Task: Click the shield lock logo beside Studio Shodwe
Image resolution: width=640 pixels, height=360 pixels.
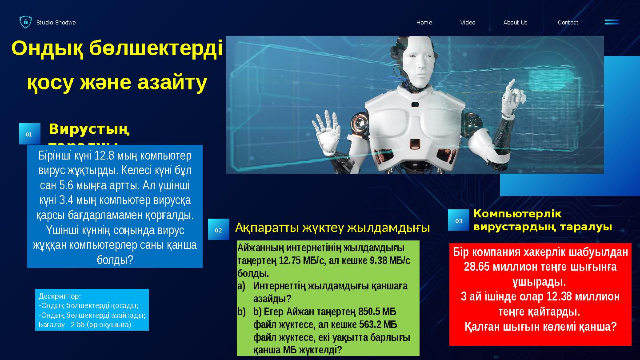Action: click(25, 22)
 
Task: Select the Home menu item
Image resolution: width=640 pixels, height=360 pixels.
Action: click(424, 22)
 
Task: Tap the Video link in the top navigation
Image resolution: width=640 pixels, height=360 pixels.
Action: click(468, 22)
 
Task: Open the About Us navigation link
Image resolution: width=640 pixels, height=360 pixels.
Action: click(515, 22)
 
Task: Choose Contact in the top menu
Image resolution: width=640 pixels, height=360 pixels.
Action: click(568, 22)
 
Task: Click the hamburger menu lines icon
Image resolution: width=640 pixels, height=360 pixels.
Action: click(612, 22)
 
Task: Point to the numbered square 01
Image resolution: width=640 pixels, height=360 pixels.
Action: click(29, 134)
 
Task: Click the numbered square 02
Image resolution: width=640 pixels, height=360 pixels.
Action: click(219, 230)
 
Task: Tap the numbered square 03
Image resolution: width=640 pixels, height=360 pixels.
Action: click(458, 220)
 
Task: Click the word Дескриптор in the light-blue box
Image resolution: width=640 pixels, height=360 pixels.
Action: click(60, 296)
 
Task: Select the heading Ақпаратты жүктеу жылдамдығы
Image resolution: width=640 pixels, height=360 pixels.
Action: click(332, 228)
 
